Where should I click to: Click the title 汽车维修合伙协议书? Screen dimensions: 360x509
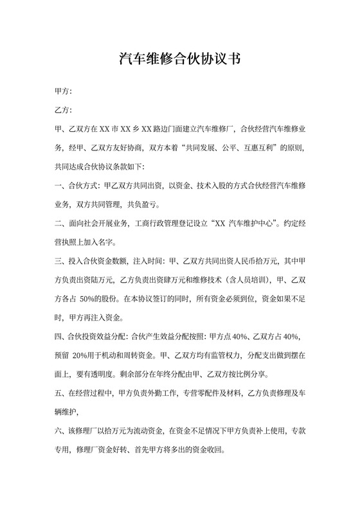180,60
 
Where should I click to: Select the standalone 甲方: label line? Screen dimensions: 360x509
64,93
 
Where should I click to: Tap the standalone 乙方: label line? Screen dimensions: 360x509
64,111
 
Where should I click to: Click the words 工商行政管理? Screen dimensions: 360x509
161,224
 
